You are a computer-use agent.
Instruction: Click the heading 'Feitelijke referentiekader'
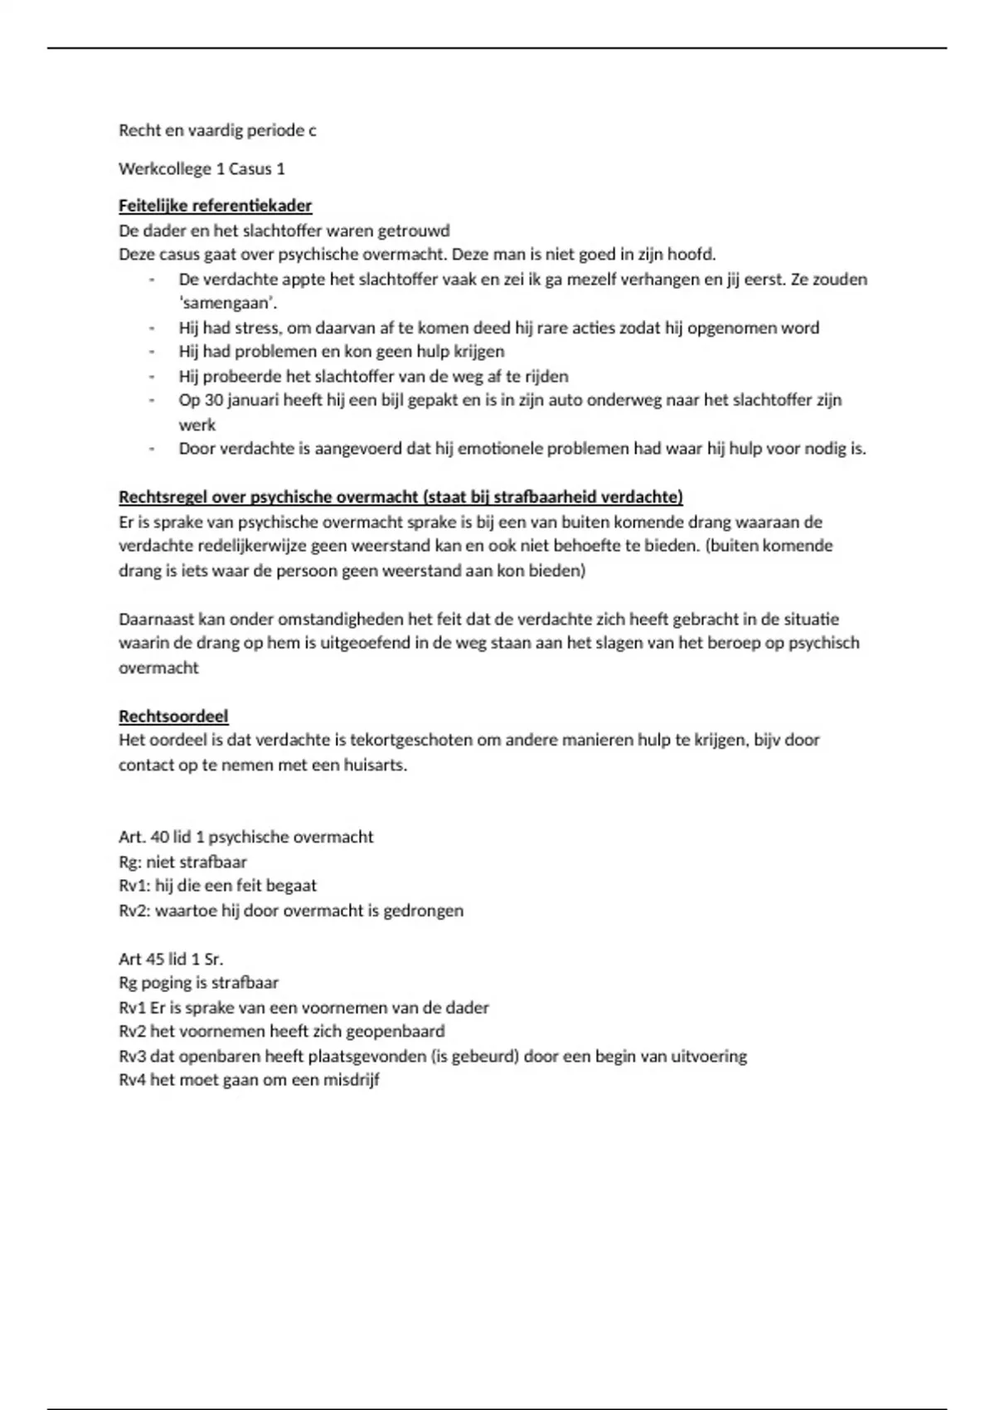point(215,206)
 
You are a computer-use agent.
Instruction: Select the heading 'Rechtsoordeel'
point(173,716)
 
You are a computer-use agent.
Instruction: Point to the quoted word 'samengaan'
point(228,303)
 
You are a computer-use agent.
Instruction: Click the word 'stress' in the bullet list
point(257,328)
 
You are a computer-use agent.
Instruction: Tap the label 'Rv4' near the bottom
point(133,1080)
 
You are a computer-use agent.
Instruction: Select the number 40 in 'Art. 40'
point(160,837)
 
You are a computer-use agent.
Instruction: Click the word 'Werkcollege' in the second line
point(164,168)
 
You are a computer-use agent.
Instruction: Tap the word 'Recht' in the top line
point(139,130)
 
